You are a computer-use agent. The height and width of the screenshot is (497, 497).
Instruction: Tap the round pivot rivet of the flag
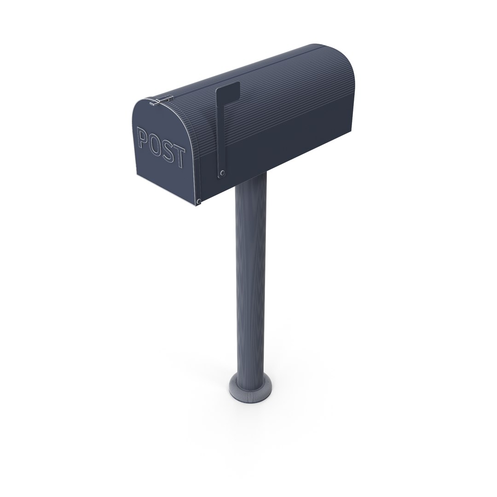coord(222,173)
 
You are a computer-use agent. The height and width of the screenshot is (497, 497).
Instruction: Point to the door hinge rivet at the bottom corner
coord(198,201)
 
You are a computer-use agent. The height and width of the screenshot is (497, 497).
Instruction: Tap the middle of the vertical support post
coord(251,276)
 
